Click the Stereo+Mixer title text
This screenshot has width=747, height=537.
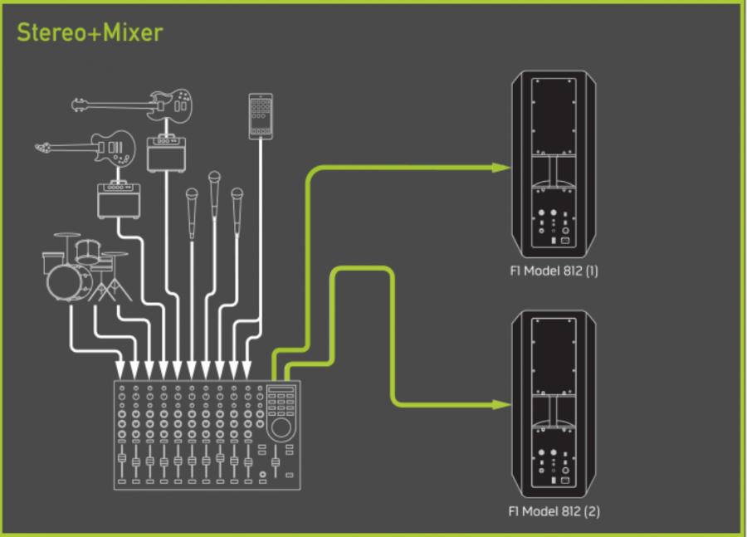[x=90, y=33]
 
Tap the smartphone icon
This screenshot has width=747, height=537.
[x=261, y=115]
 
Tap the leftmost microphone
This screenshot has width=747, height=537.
[x=193, y=203]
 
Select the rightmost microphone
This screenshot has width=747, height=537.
[x=237, y=203]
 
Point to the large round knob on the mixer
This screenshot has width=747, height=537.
[x=281, y=427]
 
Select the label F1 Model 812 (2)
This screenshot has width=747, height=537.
[x=554, y=511]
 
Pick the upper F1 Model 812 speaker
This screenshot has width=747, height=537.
[x=554, y=166]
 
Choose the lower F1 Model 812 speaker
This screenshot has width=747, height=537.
[x=554, y=404]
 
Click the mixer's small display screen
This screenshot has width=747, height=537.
[x=281, y=392]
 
